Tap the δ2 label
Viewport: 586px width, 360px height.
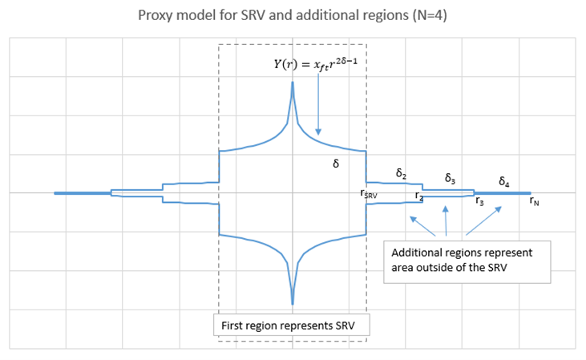[401, 172]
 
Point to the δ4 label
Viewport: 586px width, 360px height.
[505, 181]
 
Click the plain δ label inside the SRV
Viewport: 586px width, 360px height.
[336, 163]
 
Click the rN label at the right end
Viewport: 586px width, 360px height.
[534, 201]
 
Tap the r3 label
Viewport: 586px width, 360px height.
[479, 201]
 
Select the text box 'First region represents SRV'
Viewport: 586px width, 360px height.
[292, 326]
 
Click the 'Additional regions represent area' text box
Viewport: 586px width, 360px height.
[467, 260]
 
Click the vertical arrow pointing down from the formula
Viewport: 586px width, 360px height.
[318, 105]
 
